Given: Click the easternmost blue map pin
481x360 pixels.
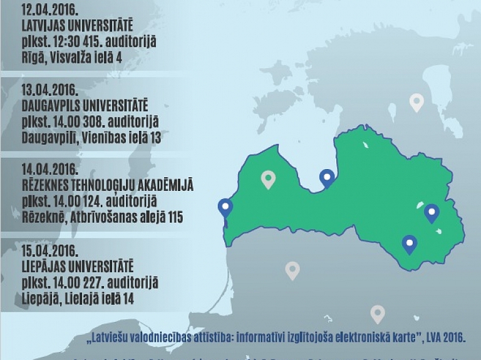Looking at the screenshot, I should pos(432,213).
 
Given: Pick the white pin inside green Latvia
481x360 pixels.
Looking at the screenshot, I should pos(268,179).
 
